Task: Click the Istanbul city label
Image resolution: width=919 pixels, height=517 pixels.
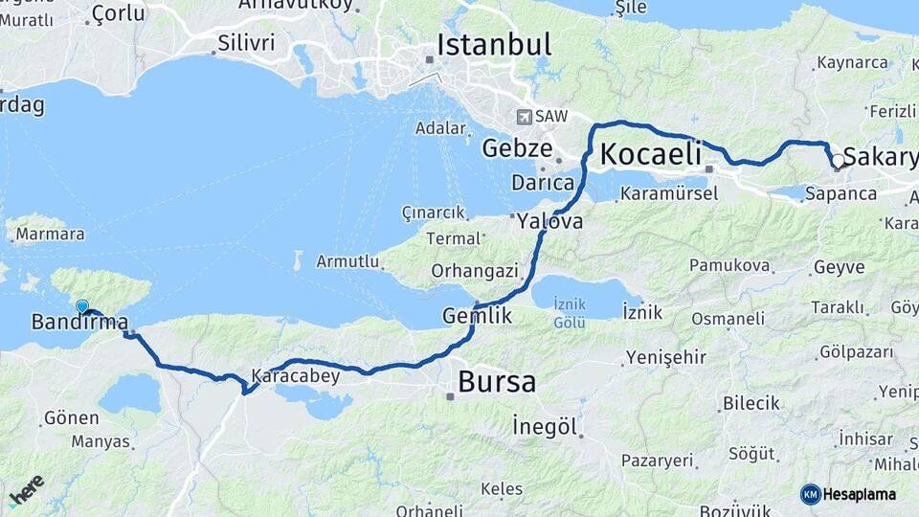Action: coord(494,45)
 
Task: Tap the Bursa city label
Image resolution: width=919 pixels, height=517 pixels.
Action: coord(496,381)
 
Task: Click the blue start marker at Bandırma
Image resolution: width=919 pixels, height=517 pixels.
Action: coord(82,306)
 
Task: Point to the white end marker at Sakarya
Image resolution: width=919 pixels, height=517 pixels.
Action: coord(838,161)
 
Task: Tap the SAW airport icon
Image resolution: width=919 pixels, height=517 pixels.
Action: coord(524,117)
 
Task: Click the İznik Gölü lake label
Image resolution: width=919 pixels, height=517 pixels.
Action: coord(570,313)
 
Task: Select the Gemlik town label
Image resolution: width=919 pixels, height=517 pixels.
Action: coord(477,316)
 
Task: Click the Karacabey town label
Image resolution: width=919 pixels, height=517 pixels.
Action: coord(295,375)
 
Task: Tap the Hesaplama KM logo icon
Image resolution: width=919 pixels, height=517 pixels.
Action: coord(811,494)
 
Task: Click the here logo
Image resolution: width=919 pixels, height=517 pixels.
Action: coord(26,490)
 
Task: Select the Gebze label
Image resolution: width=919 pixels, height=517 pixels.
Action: coord(517,148)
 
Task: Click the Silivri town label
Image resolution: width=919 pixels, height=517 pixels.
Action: coord(246,42)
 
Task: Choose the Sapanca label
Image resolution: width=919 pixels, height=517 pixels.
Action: coord(841,193)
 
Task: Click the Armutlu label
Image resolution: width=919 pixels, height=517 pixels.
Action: coord(347,260)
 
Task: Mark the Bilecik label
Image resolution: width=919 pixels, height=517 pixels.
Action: coord(751,403)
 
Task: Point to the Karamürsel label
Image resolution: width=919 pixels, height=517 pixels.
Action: coord(669,193)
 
